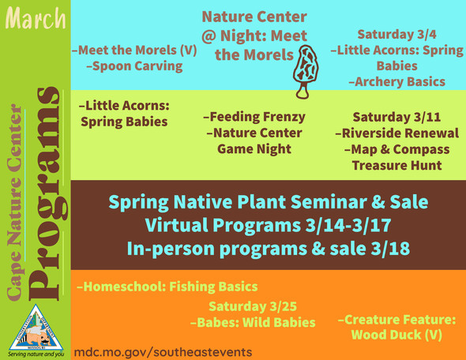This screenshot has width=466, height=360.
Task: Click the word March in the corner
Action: tap(35, 17)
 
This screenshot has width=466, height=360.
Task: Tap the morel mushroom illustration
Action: tap(301, 68)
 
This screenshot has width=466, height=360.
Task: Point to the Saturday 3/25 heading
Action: tap(253, 306)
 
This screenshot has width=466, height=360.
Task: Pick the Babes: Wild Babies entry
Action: tap(253, 322)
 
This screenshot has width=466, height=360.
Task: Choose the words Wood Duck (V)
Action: tap(396, 336)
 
